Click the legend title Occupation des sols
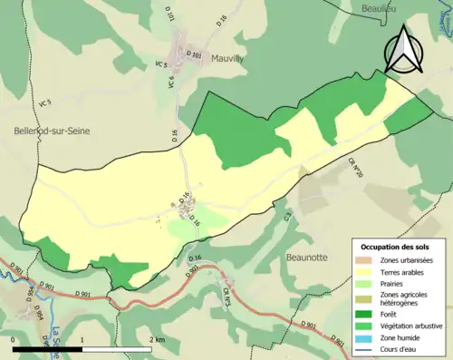point(395,247)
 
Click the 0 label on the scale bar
point(13,338)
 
